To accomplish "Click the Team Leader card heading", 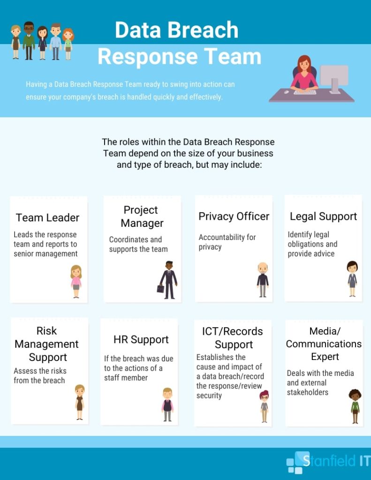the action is click(x=47, y=217).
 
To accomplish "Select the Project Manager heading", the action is click(x=142, y=217).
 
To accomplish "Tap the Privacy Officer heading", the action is click(x=234, y=217).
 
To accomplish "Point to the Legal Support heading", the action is click(x=323, y=217).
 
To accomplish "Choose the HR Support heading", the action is click(x=141, y=339).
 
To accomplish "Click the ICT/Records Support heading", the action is click(x=233, y=338).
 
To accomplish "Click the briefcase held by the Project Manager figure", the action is click(x=160, y=289).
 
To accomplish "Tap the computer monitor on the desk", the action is click(x=334, y=78).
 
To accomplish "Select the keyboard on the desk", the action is click(x=305, y=92).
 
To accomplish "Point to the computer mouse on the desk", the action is click(x=287, y=91).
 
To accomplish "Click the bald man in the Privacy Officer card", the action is click(x=263, y=280).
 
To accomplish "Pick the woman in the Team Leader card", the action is click(x=76, y=281).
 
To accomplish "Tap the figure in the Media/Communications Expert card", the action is click(x=355, y=406).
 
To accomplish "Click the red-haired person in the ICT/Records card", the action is click(x=264, y=406).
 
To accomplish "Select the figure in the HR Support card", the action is click(x=167, y=405).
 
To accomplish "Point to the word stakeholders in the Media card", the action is click(x=307, y=392).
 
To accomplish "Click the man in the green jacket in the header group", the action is click(x=29, y=40).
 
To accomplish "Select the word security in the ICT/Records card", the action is click(x=209, y=396).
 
